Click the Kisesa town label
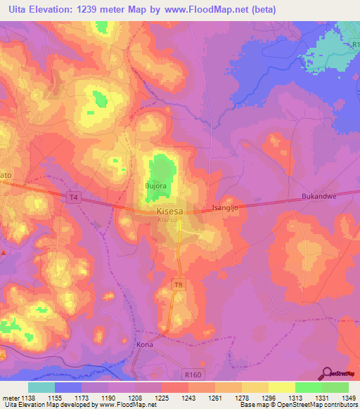pyautogui.click(x=169, y=210)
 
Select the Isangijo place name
pyautogui.click(x=226, y=208)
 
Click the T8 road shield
pyautogui.click(x=179, y=283)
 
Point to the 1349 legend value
pyautogui.click(x=349, y=398)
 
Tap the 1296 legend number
pyautogui.click(x=268, y=398)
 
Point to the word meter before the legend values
pyautogui.click(x=10, y=398)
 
